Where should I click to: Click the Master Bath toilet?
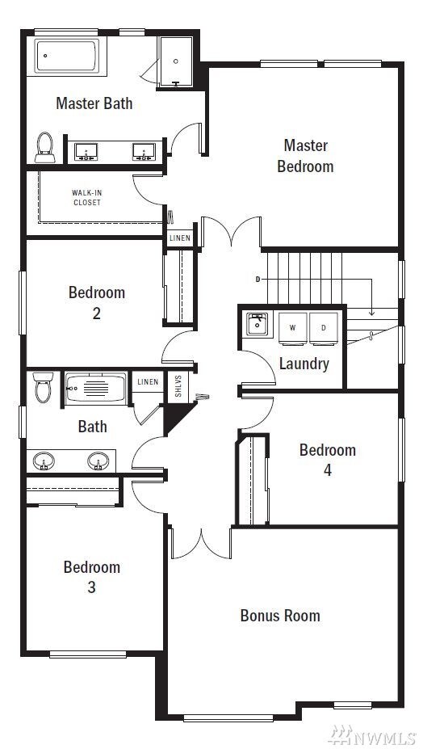coord(45,148)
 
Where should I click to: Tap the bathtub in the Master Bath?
coord(67,56)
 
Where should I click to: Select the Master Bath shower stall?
coord(176,61)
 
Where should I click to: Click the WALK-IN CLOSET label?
coord(87,198)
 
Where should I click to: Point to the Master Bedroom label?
coord(306,156)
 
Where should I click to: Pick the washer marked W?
coord(293,328)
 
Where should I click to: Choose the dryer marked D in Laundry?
coord(323,328)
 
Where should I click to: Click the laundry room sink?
coord(258,325)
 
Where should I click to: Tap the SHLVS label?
coord(178,385)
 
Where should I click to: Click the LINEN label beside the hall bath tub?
coord(148,381)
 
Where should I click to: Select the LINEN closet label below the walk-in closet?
coord(179,238)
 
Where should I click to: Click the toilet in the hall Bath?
coord(43,387)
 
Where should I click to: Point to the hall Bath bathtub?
coord(96,389)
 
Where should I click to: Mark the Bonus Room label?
coord(280,615)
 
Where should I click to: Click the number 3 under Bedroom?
coord(91,587)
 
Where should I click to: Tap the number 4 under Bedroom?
coord(328,470)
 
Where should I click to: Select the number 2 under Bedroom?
coord(96,313)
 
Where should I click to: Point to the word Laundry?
coord(304,364)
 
